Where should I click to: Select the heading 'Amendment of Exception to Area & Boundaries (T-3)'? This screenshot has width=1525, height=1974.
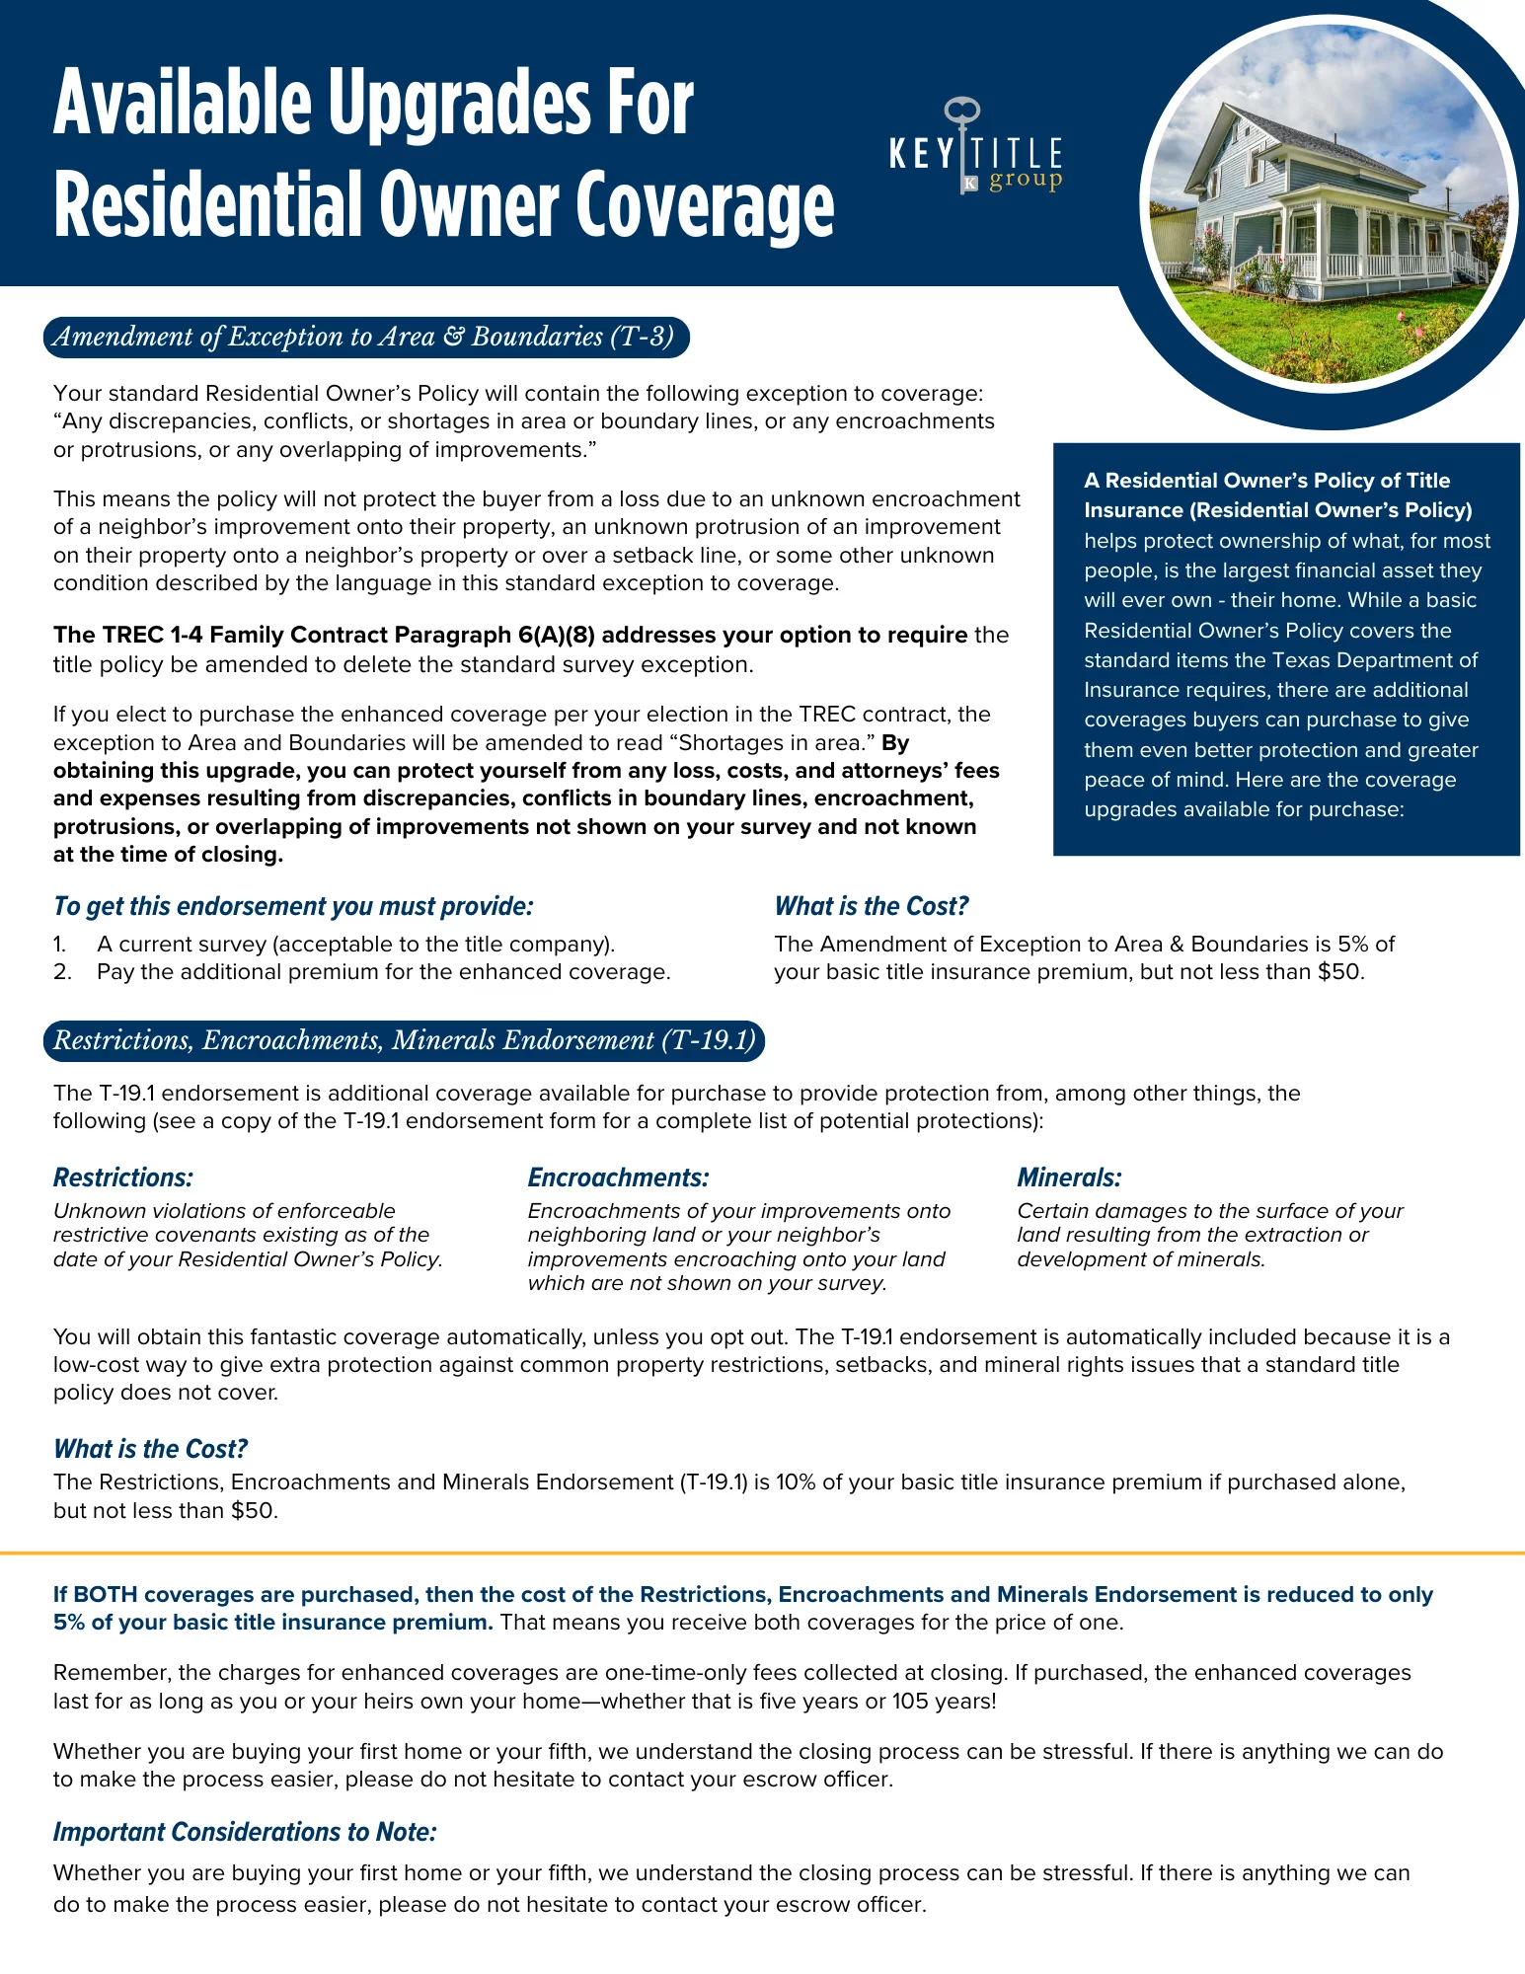(x=365, y=338)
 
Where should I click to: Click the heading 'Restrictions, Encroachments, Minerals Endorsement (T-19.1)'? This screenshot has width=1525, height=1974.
(x=404, y=1041)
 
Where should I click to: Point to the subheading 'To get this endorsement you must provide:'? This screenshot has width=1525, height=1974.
(x=293, y=906)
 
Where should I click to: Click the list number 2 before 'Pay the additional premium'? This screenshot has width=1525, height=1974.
(x=62, y=972)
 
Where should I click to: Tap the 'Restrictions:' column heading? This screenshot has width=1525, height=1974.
(x=123, y=1177)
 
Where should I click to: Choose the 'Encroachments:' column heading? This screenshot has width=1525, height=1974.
(x=618, y=1177)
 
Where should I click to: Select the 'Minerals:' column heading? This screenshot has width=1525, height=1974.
(x=1069, y=1177)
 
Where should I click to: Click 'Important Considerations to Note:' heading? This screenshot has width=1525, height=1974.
(x=245, y=1832)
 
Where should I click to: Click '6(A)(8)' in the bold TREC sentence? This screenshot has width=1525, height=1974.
(x=557, y=635)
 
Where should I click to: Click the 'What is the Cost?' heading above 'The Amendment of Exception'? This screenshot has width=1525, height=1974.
(x=871, y=906)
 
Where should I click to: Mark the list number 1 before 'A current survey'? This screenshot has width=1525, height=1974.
(x=60, y=945)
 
